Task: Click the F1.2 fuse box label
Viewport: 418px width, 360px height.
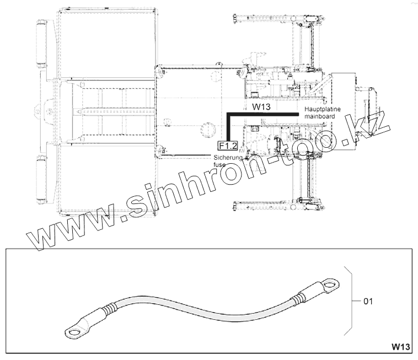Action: tap(228, 146)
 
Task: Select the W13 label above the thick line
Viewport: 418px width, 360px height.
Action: tap(261, 107)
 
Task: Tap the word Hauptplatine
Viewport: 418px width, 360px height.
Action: tap(323, 109)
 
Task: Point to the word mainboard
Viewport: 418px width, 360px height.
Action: tap(320, 116)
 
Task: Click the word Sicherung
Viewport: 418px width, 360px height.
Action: tap(228, 158)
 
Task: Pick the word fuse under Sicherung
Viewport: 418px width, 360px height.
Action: tap(219, 164)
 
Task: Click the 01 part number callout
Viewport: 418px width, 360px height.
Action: tap(368, 302)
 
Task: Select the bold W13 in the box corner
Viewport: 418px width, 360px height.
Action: tap(401, 347)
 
